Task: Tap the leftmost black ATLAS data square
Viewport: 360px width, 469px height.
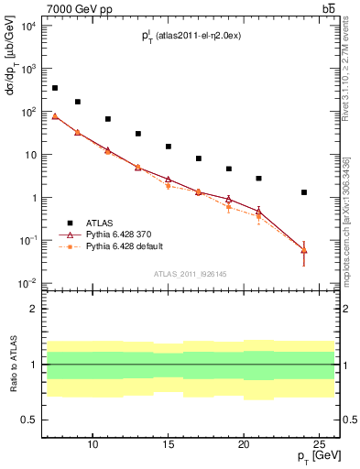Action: [55, 88]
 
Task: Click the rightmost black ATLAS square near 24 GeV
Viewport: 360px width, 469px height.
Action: [304, 192]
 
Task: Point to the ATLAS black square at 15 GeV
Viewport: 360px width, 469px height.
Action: [169, 147]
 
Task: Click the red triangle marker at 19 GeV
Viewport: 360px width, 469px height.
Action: [229, 199]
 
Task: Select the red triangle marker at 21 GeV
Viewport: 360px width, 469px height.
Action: [259, 212]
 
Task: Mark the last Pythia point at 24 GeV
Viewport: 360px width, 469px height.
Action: [304, 250]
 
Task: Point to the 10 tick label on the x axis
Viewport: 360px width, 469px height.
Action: [93, 445]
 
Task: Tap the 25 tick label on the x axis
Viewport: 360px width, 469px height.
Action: [320, 445]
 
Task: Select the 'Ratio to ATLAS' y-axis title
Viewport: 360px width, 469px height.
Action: [14, 365]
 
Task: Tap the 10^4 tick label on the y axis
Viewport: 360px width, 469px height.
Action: [28, 26]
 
